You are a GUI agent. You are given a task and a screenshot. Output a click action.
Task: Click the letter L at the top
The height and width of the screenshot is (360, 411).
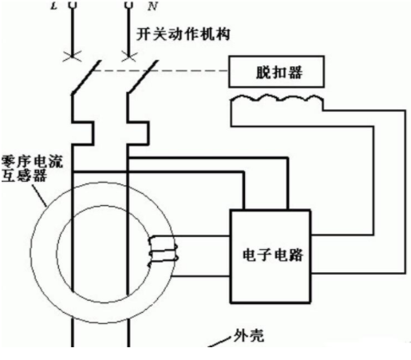tap(54, 6)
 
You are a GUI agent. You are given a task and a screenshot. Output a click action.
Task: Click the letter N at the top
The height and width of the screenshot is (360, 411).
tap(152, 6)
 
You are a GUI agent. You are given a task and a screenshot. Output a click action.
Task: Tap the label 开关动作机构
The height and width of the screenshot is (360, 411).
tap(183, 34)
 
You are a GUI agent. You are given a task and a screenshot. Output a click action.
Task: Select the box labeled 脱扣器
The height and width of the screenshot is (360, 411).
tap(276, 72)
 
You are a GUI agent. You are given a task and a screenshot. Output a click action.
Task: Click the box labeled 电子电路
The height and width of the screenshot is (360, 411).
tap(271, 256)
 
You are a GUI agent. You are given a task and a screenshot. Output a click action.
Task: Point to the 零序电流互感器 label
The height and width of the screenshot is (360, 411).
tap(32, 168)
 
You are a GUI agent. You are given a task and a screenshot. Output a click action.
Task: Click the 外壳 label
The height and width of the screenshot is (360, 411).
tap(248, 335)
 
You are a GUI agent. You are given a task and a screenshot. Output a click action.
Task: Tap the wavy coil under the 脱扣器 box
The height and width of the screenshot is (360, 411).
tap(277, 98)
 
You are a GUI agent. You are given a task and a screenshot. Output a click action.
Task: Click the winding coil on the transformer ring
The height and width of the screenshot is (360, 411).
tap(163, 251)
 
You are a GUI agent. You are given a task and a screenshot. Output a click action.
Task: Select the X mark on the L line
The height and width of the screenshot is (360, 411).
tap(72, 57)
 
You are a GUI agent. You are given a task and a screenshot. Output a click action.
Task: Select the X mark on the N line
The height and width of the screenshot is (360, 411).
tap(128, 57)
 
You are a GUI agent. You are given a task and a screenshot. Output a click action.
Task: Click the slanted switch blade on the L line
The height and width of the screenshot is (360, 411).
tap(86, 77)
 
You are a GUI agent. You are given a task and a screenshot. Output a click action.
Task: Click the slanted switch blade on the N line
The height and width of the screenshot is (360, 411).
tap(143, 77)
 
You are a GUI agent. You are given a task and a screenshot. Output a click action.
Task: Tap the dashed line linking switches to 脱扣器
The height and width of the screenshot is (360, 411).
tap(160, 71)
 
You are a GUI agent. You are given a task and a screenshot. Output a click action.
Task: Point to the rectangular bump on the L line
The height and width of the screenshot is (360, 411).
tap(83, 133)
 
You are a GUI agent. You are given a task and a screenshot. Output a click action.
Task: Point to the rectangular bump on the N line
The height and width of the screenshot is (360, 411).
tap(138, 133)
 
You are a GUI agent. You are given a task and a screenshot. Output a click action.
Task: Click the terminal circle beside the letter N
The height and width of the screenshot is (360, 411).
tap(129, 4)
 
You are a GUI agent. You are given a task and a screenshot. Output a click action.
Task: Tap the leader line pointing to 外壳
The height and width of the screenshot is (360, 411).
tap(219, 342)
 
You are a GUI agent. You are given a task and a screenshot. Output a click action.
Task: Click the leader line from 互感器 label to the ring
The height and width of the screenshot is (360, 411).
tap(39, 195)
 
